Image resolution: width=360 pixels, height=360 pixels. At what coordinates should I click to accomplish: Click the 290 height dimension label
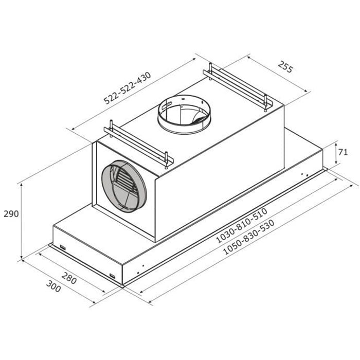click(11, 214)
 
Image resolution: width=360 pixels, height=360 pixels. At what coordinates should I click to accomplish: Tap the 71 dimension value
click(343, 152)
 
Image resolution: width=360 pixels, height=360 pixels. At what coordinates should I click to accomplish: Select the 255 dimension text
click(285, 66)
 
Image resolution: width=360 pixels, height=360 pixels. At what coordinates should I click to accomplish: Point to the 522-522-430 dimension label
click(128, 88)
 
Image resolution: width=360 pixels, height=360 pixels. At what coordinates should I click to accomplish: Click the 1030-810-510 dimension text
click(242, 225)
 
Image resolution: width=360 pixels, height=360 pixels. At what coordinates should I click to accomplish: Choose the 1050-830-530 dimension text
click(248, 237)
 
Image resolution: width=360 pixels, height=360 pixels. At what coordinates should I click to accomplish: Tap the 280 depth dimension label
click(69, 278)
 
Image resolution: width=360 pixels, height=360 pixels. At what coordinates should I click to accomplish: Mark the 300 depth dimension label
click(53, 286)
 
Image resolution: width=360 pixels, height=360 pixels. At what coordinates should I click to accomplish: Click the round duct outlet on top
click(184, 114)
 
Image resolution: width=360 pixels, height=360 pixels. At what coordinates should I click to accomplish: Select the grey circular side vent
click(124, 186)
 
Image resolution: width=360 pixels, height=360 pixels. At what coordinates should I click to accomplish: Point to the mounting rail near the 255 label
click(238, 87)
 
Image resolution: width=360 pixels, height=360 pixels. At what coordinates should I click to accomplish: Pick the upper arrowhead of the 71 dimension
click(336, 144)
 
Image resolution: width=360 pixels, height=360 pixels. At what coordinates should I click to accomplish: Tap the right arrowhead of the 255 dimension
click(305, 91)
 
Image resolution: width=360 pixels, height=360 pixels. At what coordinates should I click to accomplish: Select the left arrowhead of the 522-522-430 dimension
click(73, 129)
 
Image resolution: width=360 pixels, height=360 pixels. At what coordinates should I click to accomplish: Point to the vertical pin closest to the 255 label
click(266, 103)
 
